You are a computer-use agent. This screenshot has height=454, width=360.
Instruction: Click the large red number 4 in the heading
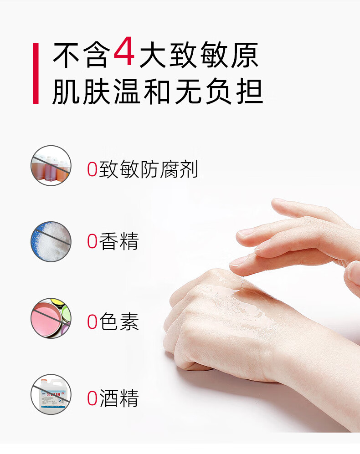tap(124, 51)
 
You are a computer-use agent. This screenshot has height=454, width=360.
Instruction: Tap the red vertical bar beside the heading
tap(36, 73)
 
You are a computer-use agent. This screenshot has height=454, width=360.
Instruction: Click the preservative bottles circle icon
tap(51, 166)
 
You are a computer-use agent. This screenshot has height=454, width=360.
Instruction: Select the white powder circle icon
tap(51, 241)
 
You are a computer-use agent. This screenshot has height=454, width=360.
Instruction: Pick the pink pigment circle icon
tap(51, 318)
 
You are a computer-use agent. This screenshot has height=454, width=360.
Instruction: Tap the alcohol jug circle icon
tap(51, 394)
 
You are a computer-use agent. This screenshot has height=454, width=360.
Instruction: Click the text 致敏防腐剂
tap(149, 169)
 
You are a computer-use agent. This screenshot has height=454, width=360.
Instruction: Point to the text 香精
tap(119, 241)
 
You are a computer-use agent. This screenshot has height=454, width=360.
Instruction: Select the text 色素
tap(119, 321)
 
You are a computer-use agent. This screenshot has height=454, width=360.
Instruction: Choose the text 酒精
tap(119, 398)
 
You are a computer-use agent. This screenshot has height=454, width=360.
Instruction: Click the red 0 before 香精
tap(92, 241)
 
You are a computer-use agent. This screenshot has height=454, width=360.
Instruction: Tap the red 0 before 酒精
tap(92, 398)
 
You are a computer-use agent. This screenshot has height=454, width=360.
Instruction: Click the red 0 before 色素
tap(92, 321)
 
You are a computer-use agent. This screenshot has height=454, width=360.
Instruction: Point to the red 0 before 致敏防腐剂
tap(92, 169)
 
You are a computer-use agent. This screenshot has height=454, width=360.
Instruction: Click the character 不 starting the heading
tap(66, 55)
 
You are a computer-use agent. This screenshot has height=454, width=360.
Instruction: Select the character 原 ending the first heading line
tap(245, 55)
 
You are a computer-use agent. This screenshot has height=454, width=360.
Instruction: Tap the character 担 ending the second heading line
tap(250, 92)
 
